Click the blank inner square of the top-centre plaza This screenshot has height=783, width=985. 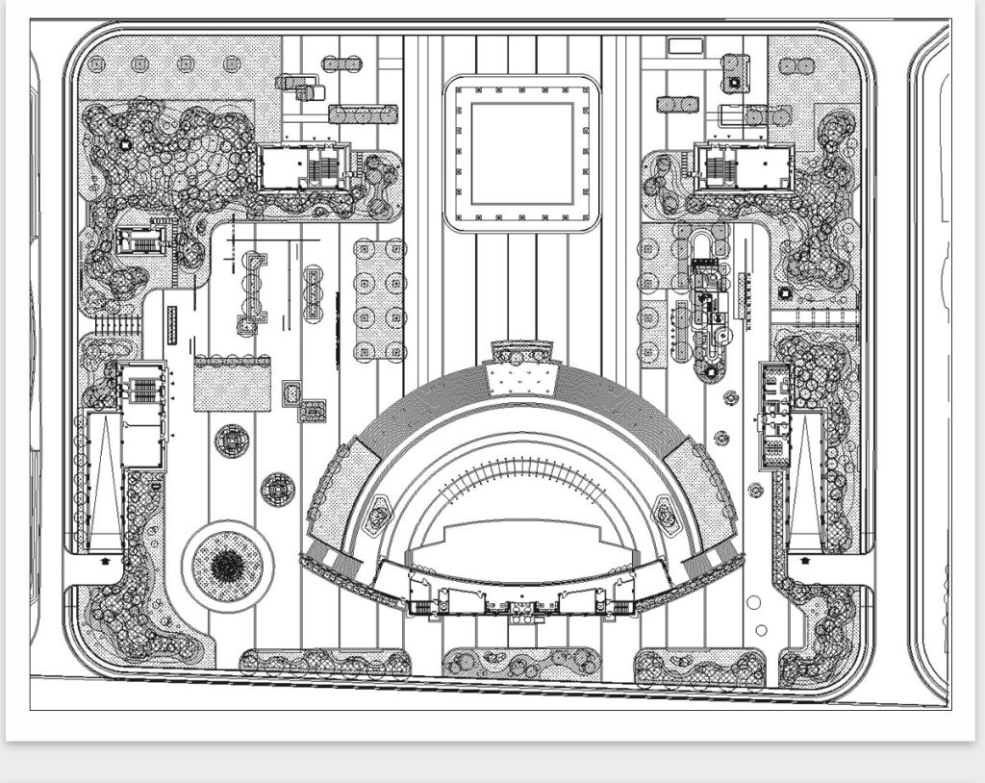click(521, 153)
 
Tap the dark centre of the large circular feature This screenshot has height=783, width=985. click(227, 565)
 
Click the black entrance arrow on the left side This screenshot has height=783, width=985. click(105, 558)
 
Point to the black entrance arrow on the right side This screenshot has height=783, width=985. click(805, 559)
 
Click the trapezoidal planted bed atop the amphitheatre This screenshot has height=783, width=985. click(522, 374)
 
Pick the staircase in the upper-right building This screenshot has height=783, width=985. click(720, 169)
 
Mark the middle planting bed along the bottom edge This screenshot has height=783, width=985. click(521, 663)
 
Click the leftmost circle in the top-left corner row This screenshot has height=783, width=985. click(96, 64)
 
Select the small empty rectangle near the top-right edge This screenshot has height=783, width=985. click(685, 45)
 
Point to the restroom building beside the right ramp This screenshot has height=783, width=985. click(774, 415)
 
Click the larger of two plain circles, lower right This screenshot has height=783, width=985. click(753, 603)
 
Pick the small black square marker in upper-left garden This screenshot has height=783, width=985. click(124, 144)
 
